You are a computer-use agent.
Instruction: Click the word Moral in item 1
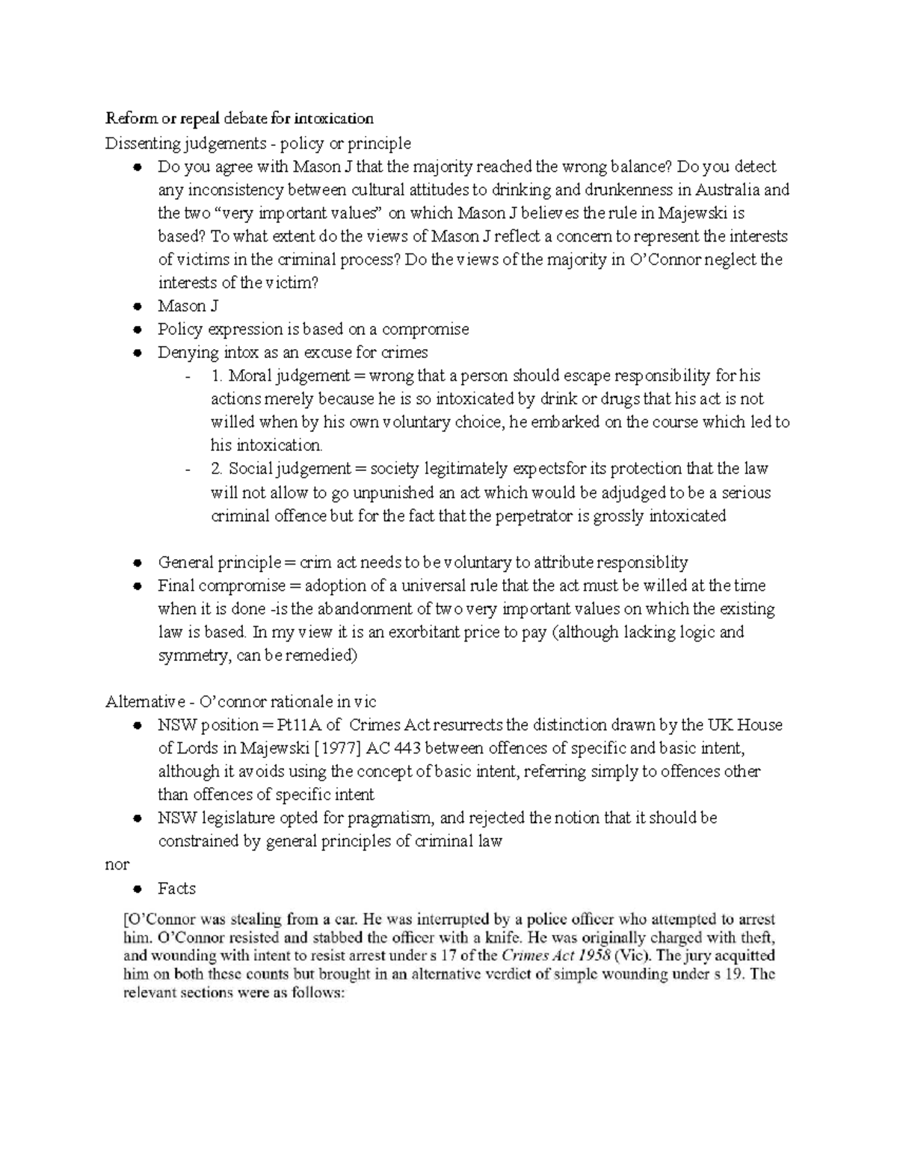pos(250,375)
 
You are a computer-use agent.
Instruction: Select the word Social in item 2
pos(251,469)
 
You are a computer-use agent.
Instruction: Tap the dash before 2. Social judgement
pos(187,469)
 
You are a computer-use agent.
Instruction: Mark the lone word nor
pos(117,865)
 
